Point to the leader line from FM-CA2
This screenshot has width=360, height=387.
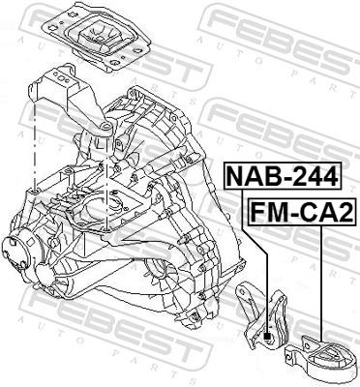(319, 290)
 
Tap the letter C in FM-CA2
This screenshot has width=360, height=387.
(303, 211)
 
